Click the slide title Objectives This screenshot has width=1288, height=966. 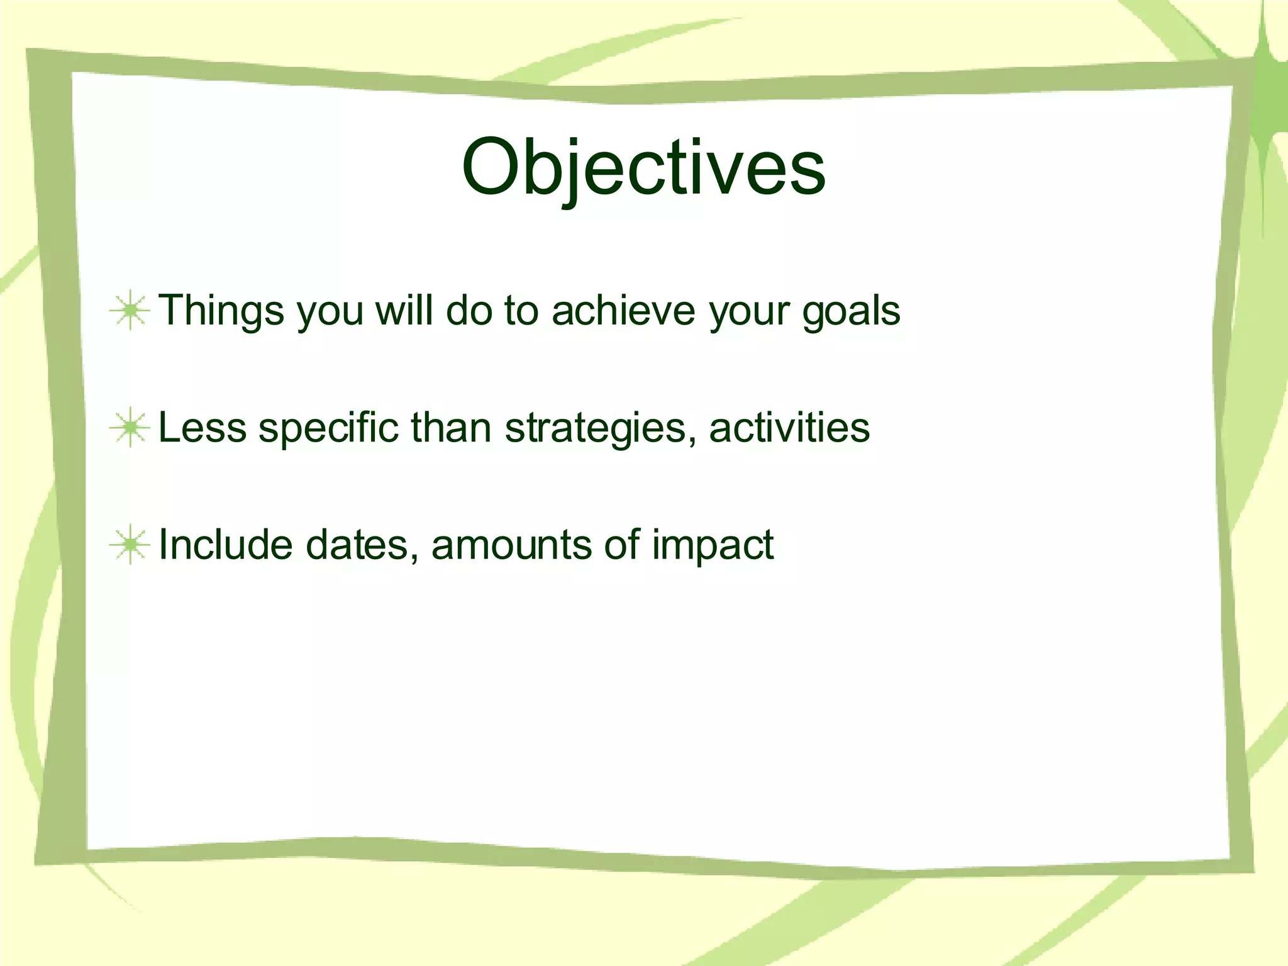pos(643,168)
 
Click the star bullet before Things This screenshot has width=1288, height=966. pos(130,310)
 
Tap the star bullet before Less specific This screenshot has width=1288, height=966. pos(130,428)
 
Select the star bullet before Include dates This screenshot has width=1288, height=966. pos(130,545)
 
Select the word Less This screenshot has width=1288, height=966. pos(203,428)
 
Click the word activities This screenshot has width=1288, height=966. pos(789,428)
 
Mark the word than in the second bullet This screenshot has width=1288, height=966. pos(451,428)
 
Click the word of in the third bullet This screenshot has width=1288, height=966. pos(622,545)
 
